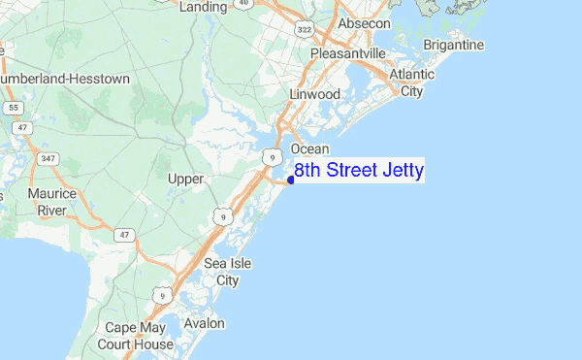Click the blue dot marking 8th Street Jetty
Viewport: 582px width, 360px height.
coord(291,180)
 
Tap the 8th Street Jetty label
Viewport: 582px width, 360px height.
coord(359,172)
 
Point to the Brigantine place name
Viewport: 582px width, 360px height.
coord(453,46)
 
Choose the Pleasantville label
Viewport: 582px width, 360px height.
coord(347,53)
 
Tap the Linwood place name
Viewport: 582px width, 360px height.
coord(314,94)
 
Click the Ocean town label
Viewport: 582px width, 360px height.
coord(310,148)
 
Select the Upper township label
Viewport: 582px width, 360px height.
coord(185,180)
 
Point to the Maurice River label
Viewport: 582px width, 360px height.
coord(52,202)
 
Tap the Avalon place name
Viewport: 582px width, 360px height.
coord(204,323)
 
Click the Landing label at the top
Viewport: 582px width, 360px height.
coord(204,7)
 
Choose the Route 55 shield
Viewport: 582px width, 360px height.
coord(13,107)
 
